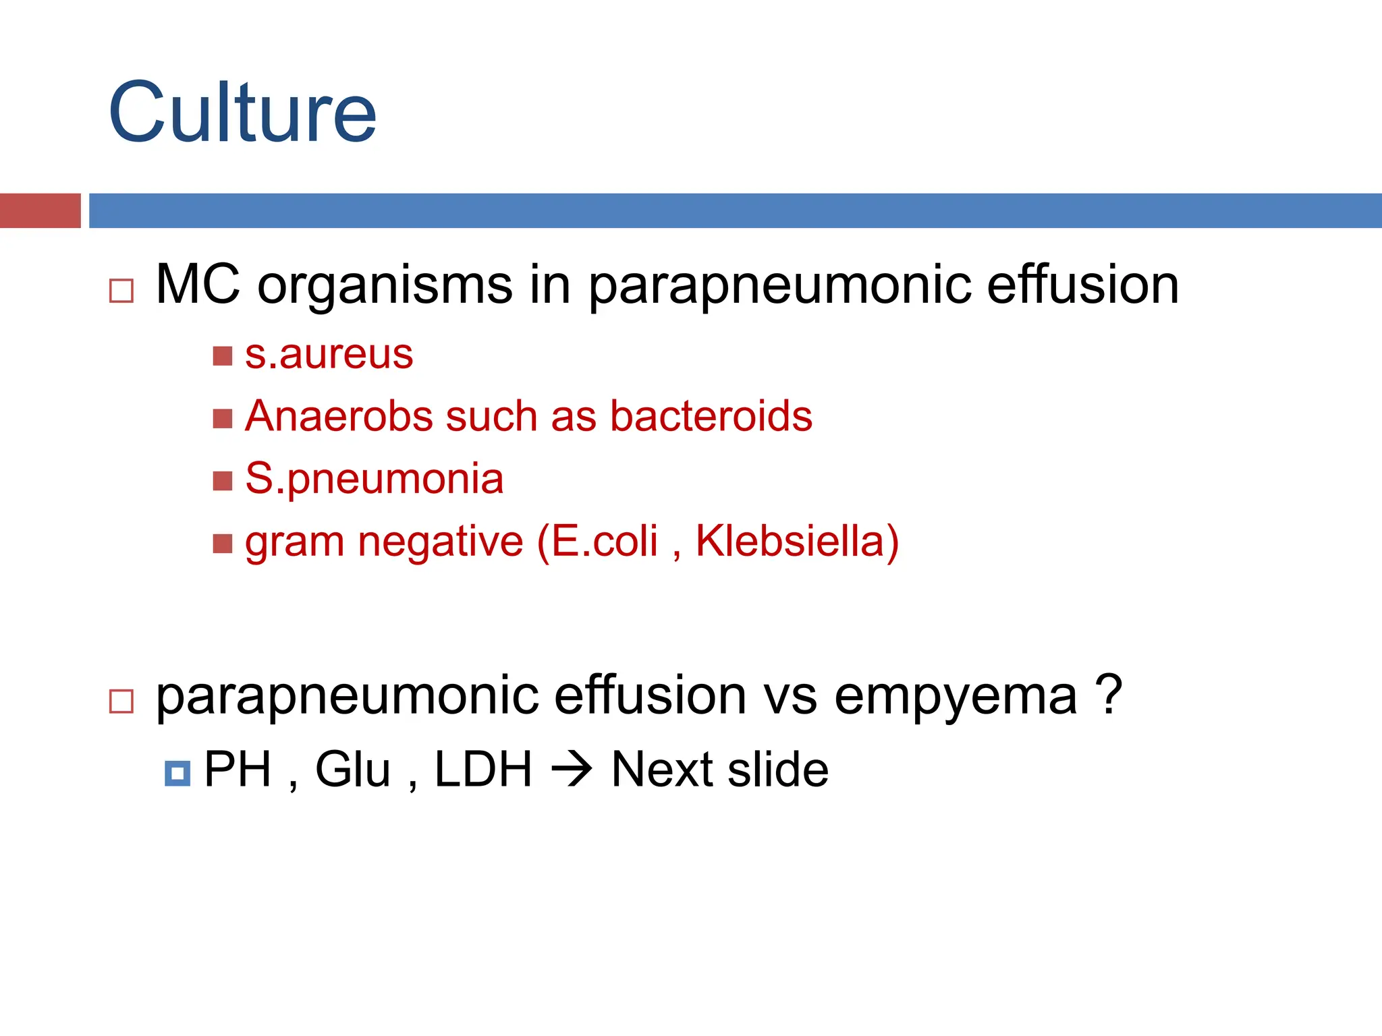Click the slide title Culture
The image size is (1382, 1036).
click(x=242, y=113)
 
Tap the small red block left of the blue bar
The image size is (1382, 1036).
click(x=40, y=210)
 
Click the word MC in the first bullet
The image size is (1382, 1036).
click(x=198, y=285)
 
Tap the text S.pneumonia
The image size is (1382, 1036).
click(x=374, y=479)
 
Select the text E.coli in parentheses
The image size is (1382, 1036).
click(x=604, y=541)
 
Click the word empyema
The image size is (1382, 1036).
click(x=956, y=696)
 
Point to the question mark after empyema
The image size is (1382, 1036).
click(x=1109, y=695)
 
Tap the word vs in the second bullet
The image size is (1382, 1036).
click(x=790, y=696)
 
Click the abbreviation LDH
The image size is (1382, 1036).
click(x=483, y=770)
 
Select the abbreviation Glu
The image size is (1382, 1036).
click(x=353, y=770)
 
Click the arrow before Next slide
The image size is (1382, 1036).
click(x=572, y=770)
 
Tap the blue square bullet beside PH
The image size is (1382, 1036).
click(x=177, y=773)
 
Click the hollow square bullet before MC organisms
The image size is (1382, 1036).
click(x=121, y=291)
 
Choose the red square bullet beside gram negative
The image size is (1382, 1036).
click(x=222, y=543)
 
